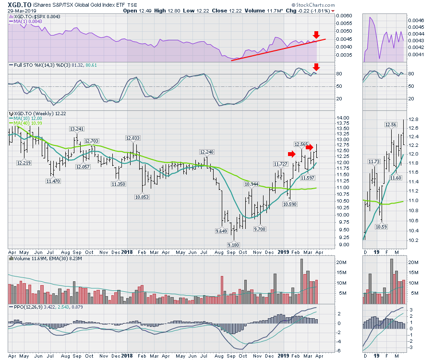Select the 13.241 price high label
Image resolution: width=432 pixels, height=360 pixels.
point(77,129)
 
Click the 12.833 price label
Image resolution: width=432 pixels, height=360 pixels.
point(133,138)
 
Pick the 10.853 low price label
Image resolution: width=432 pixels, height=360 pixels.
point(143,197)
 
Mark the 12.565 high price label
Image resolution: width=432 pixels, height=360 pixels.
point(302,144)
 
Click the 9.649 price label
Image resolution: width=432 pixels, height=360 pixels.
point(221,231)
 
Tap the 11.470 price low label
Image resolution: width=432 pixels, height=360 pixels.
point(53,181)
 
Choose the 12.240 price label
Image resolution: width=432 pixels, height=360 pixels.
point(208,152)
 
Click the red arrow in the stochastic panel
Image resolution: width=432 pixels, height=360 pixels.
point(315,66)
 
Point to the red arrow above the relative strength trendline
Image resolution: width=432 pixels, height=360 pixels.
point(315,35)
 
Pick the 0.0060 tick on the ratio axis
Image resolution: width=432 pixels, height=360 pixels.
point(345,16)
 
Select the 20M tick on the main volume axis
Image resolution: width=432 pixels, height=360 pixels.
point(342,262)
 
